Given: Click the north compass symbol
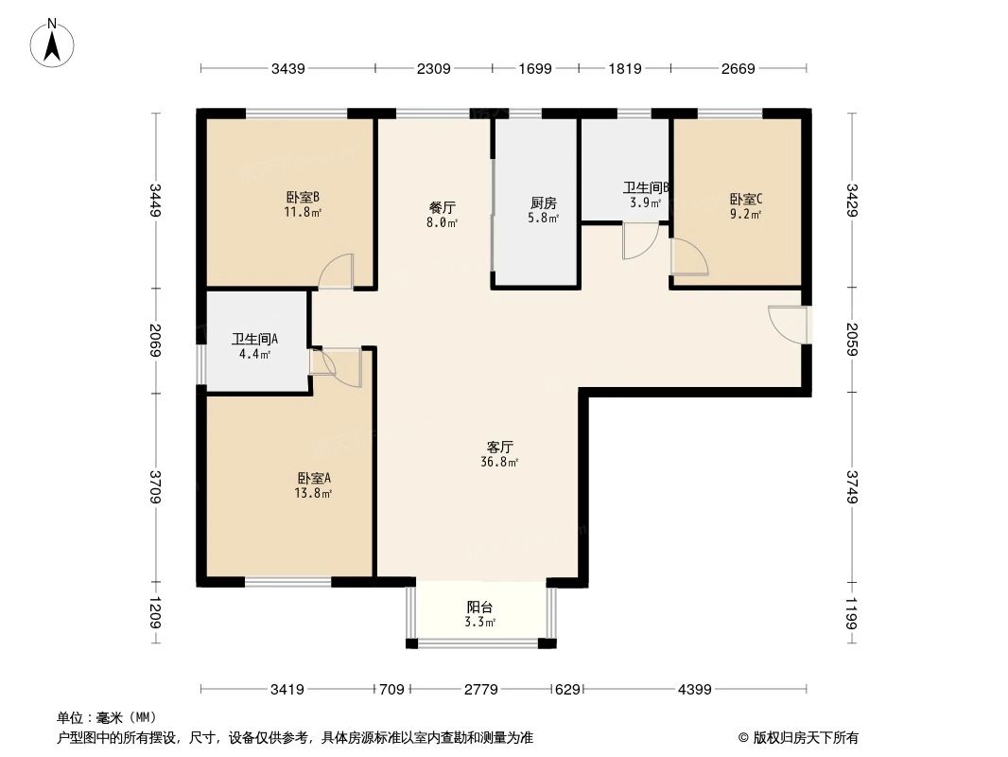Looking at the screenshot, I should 54,43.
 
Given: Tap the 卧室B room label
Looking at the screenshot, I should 303,198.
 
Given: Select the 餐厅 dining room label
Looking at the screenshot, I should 443,207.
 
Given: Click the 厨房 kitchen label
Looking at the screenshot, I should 543,202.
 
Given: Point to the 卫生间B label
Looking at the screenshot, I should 646,188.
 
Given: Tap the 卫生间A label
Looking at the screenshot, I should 254,340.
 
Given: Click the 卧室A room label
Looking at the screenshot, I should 314,478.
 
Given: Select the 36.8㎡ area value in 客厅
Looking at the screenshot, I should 499,463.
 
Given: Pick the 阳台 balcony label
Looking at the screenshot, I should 479,607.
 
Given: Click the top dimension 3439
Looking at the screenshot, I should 287,68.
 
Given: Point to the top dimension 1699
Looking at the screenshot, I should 534,68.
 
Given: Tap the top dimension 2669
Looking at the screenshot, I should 738,68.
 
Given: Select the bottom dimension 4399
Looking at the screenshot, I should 694,690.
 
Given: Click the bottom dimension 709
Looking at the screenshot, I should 391,690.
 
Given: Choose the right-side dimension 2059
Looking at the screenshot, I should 854,339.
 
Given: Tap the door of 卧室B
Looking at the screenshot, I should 337,272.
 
